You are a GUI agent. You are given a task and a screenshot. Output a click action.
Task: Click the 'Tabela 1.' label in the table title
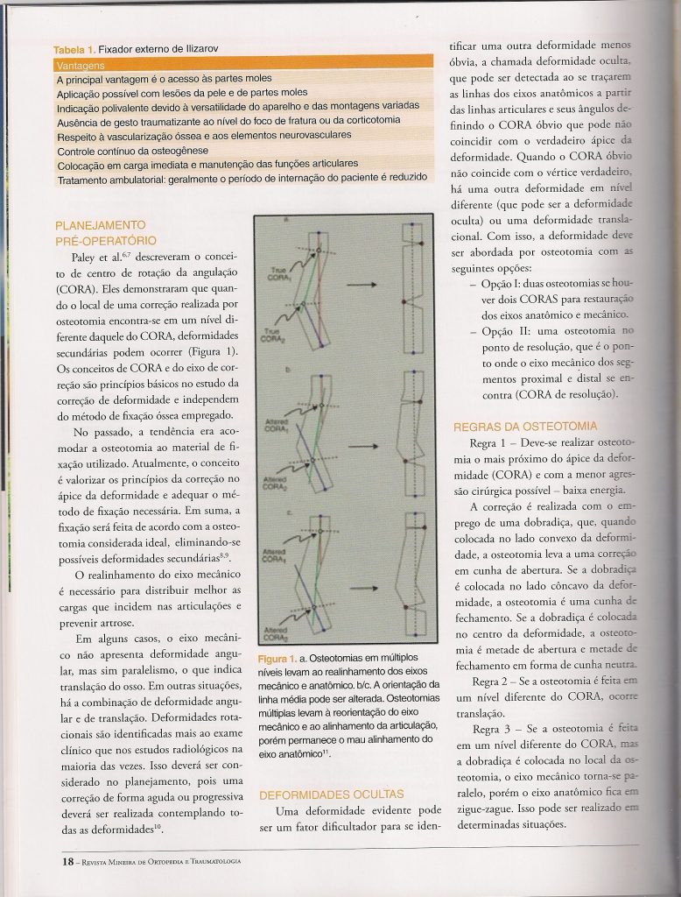(x=74, y=51)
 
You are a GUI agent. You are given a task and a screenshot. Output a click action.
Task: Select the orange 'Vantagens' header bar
(x=243, y=65)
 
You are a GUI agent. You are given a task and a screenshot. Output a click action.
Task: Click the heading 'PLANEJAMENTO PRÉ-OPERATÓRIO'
(x=106, y=232)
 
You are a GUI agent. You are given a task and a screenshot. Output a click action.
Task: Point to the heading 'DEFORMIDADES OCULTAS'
(x=331, y=795)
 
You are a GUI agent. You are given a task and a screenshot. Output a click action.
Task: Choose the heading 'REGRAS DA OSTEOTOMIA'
(x=525, y=427)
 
